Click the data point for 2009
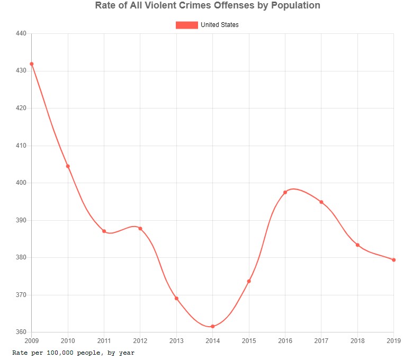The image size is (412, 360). (x=32, y=64)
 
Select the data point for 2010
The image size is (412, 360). (x=68, y=166)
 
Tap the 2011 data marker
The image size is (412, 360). (x=104, y=231)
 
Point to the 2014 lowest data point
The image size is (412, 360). (x=212, y=327)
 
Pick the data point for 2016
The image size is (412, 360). (x=285, y=192)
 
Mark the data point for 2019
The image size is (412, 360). (x=393, y=260)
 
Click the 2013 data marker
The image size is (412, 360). (x=176, y=299)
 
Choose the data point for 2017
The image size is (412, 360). (x=321, y=202)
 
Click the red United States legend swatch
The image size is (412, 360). (x=186, y=25)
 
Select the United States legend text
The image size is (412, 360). (x=219, y=25)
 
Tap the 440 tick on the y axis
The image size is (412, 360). (x=21, y=33)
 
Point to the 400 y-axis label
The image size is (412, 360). (x=21, y=183)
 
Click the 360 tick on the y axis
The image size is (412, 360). (x=21, y=332)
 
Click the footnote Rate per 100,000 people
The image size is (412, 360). (x=74, y=352)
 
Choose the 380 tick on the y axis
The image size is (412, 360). (x=21, y=258)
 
